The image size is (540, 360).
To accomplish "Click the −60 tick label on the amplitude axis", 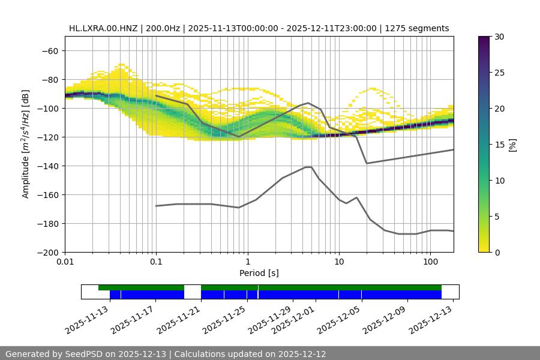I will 49,50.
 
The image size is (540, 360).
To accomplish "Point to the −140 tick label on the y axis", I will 47,166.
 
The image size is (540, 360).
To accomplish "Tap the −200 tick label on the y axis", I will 47,252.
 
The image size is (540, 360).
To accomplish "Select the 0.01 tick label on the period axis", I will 65,263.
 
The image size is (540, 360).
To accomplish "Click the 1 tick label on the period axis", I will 247,263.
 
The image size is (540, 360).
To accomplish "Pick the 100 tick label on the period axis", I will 430,263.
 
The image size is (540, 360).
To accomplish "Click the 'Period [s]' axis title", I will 259,274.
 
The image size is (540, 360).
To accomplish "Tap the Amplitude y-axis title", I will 25,144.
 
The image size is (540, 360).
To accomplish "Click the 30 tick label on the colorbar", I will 499,37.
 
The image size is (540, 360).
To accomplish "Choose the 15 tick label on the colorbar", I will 499,145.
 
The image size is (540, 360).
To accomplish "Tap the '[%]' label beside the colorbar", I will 512,145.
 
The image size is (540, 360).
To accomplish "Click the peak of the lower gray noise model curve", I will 308,167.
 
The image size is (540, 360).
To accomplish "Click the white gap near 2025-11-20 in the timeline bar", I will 192,292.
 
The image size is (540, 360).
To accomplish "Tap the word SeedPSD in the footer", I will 87,354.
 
